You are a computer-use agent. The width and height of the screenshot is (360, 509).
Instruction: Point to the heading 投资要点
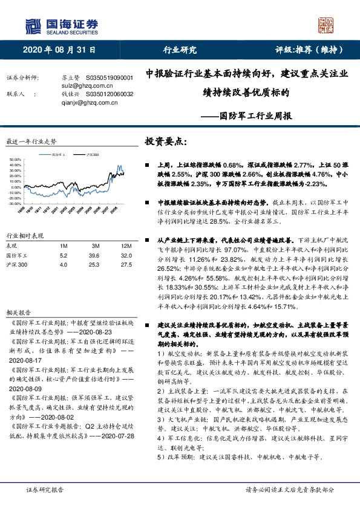point(166,142)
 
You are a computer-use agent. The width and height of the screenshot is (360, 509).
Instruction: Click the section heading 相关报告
point(19,313)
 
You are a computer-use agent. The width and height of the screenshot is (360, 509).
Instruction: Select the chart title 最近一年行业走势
point(31,141)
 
